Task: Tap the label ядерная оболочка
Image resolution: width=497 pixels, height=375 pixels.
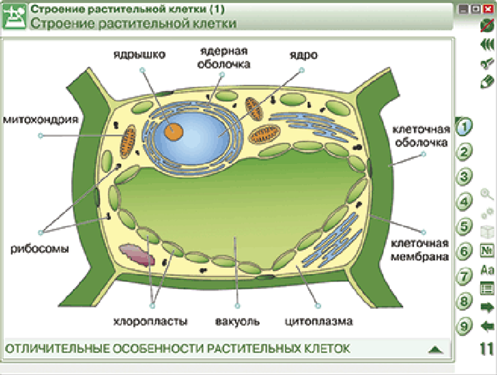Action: [224, 57]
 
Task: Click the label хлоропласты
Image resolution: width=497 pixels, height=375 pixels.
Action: [151, 321]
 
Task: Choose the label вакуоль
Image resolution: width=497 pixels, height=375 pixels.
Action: [237, 321]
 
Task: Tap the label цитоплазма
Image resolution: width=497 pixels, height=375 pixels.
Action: [319, 321]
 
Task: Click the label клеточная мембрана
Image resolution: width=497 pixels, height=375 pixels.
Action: [420, 250]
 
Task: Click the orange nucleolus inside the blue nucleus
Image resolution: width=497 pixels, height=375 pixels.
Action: [174, 131]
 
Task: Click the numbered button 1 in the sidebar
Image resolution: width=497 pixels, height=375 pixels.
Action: [464, 126]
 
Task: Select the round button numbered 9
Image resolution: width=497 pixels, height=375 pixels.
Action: [464, 326]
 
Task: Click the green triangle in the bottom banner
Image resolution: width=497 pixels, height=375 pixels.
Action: [435, 349]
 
